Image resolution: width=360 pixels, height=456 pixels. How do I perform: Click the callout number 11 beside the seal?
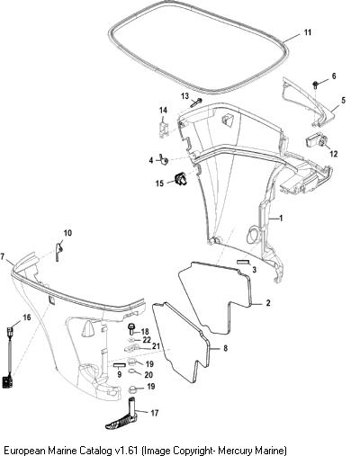pos(308,32)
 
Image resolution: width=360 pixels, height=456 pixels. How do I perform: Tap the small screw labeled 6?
pos(315,85)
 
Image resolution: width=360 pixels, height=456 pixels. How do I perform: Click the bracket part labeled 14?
pos(163,128)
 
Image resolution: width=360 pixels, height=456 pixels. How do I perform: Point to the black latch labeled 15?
pos(181,178)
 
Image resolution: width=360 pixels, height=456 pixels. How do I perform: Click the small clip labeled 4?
pos(164,160)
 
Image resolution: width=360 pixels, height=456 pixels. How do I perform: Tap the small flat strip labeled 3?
pos(243,262)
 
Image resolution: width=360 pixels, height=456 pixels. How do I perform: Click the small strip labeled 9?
pos(119,365)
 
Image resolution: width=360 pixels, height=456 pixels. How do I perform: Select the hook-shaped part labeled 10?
pos(59,251)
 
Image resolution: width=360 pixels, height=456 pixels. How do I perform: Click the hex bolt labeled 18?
pos(131,329)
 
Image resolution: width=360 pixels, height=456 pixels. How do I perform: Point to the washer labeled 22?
pos(131,340)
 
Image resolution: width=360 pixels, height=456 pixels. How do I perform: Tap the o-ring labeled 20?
pos(132,371)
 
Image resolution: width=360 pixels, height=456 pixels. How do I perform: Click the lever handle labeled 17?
pos(124,417)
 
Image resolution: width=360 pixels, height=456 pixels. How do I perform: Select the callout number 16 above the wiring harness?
pos(27,317)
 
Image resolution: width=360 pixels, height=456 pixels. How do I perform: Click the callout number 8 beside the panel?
pos(225,348)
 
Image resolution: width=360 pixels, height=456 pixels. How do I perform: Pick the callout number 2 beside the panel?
pos(268,303)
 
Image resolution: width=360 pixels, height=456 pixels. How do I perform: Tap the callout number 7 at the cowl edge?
pos(3,256)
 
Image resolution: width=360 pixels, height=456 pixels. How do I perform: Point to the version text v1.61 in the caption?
pos(126,450)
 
